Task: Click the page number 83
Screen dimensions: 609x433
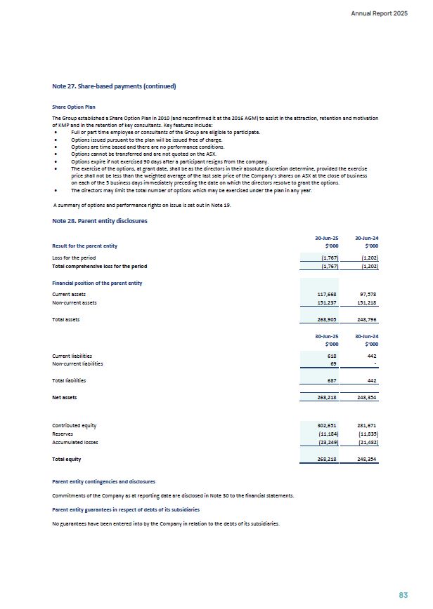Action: (403, 594)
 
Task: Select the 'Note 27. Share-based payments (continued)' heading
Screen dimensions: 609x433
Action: (114, 86)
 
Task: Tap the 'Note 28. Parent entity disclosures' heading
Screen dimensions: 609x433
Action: (100, 221)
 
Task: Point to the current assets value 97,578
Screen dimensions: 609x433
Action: (368, 294)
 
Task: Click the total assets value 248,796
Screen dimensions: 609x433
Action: (368, 319)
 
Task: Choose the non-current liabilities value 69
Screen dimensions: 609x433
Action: (334, 364)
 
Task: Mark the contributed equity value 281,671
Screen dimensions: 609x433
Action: (368, 425)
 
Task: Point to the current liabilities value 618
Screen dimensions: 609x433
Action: (332, 356)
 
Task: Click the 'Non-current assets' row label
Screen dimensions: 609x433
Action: (75, 302)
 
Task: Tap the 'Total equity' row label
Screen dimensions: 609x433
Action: (67, 459)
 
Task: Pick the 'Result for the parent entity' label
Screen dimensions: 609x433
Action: (85, 246)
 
